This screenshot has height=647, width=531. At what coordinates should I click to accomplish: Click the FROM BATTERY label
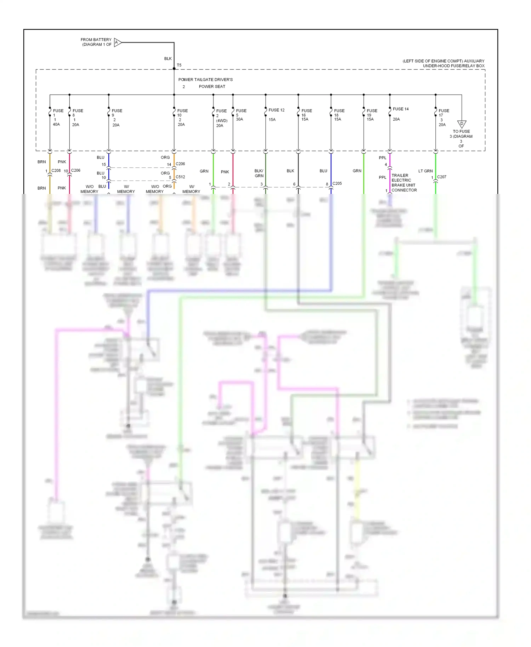[96, 40]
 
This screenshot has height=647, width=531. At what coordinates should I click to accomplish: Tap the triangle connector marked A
[117, 42]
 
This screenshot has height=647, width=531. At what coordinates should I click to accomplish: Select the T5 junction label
[179, 65]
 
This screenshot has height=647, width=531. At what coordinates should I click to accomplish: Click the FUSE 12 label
[276, 110]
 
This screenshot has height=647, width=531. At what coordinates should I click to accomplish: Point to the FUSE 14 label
[401, 109]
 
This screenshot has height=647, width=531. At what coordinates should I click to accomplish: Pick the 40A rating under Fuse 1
[56, 125]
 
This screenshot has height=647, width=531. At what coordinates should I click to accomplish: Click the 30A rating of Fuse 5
[240, 119]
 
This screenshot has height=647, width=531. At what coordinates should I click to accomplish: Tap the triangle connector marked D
[462, 124]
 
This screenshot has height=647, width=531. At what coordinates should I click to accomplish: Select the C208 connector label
[56, 171]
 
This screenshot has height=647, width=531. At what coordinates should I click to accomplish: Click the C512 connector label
[180, 177]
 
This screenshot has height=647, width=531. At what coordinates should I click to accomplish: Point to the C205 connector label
[337, 183]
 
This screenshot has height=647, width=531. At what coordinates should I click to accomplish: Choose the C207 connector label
[441, 177]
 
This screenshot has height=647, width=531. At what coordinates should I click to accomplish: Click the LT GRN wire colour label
[426, 171]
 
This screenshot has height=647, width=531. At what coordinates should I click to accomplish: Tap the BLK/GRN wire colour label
[259, 173]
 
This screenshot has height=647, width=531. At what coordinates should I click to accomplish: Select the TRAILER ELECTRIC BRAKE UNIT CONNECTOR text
[404, 183]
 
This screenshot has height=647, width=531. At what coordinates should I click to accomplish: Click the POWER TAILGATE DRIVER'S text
[205, 80]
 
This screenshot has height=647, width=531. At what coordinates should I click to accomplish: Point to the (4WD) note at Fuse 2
[222, 121]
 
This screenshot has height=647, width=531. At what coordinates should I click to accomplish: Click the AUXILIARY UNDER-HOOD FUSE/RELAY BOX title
[444, 63]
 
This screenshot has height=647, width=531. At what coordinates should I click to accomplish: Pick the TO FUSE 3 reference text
[461, 134]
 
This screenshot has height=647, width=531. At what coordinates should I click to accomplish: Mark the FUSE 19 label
[372, 111]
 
